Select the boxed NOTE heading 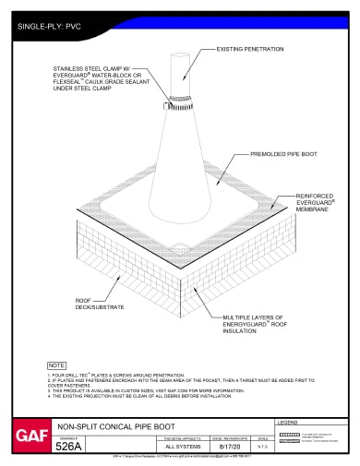(x=56, y=365)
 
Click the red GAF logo (x=26, y=433)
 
